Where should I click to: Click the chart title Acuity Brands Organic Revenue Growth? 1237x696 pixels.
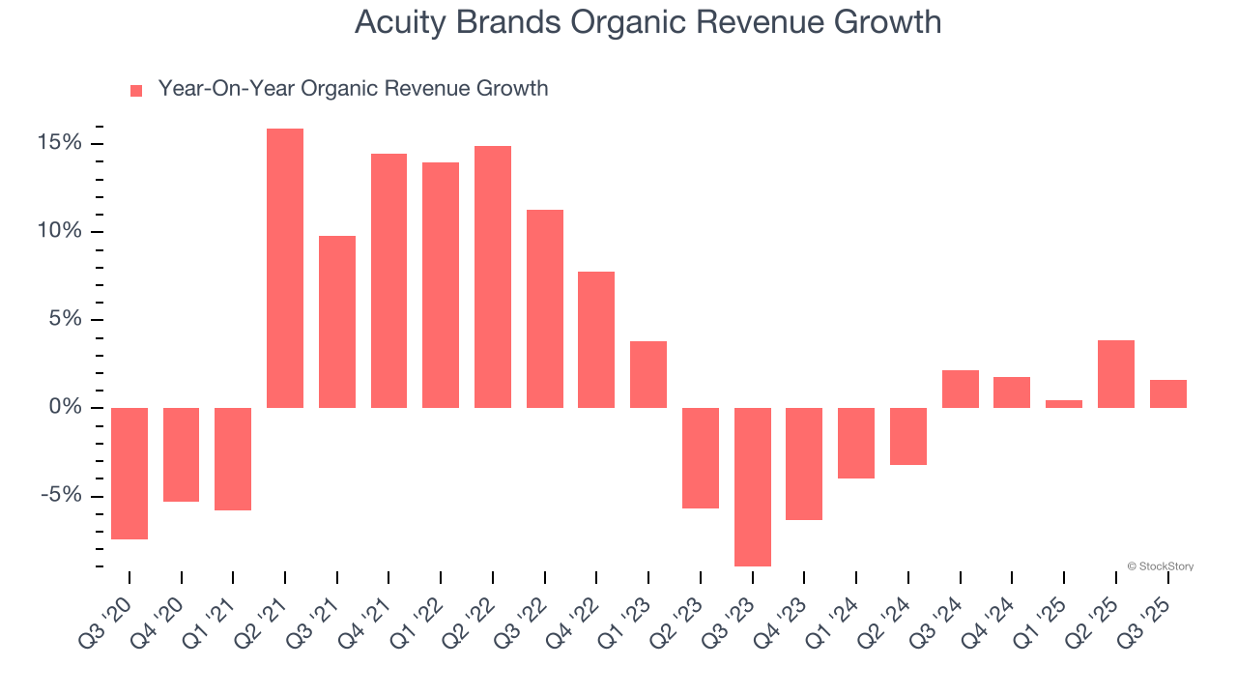(x=647, y=21)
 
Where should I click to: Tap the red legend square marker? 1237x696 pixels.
(x=136, y=90)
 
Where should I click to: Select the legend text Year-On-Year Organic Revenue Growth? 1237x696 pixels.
(x=353, y=89)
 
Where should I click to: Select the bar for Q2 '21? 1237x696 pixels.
(x=285, y=268)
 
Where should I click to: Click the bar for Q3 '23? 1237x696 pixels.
(x=753, y=486)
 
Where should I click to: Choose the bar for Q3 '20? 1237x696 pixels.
(x=129, y=473)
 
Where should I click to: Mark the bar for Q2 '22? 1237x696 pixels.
(x=493, y=276)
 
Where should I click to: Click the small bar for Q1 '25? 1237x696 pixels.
(x=1064, y=404)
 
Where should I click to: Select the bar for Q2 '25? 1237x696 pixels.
(x=1116, y=374)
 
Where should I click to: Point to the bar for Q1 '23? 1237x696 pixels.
(x=648, y=374)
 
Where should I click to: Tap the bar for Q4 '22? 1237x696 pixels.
(x=596, y=339)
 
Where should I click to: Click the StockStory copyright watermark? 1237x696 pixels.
(x=1160, y=566)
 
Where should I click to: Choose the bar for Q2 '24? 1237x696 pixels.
(x=908, y=436)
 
